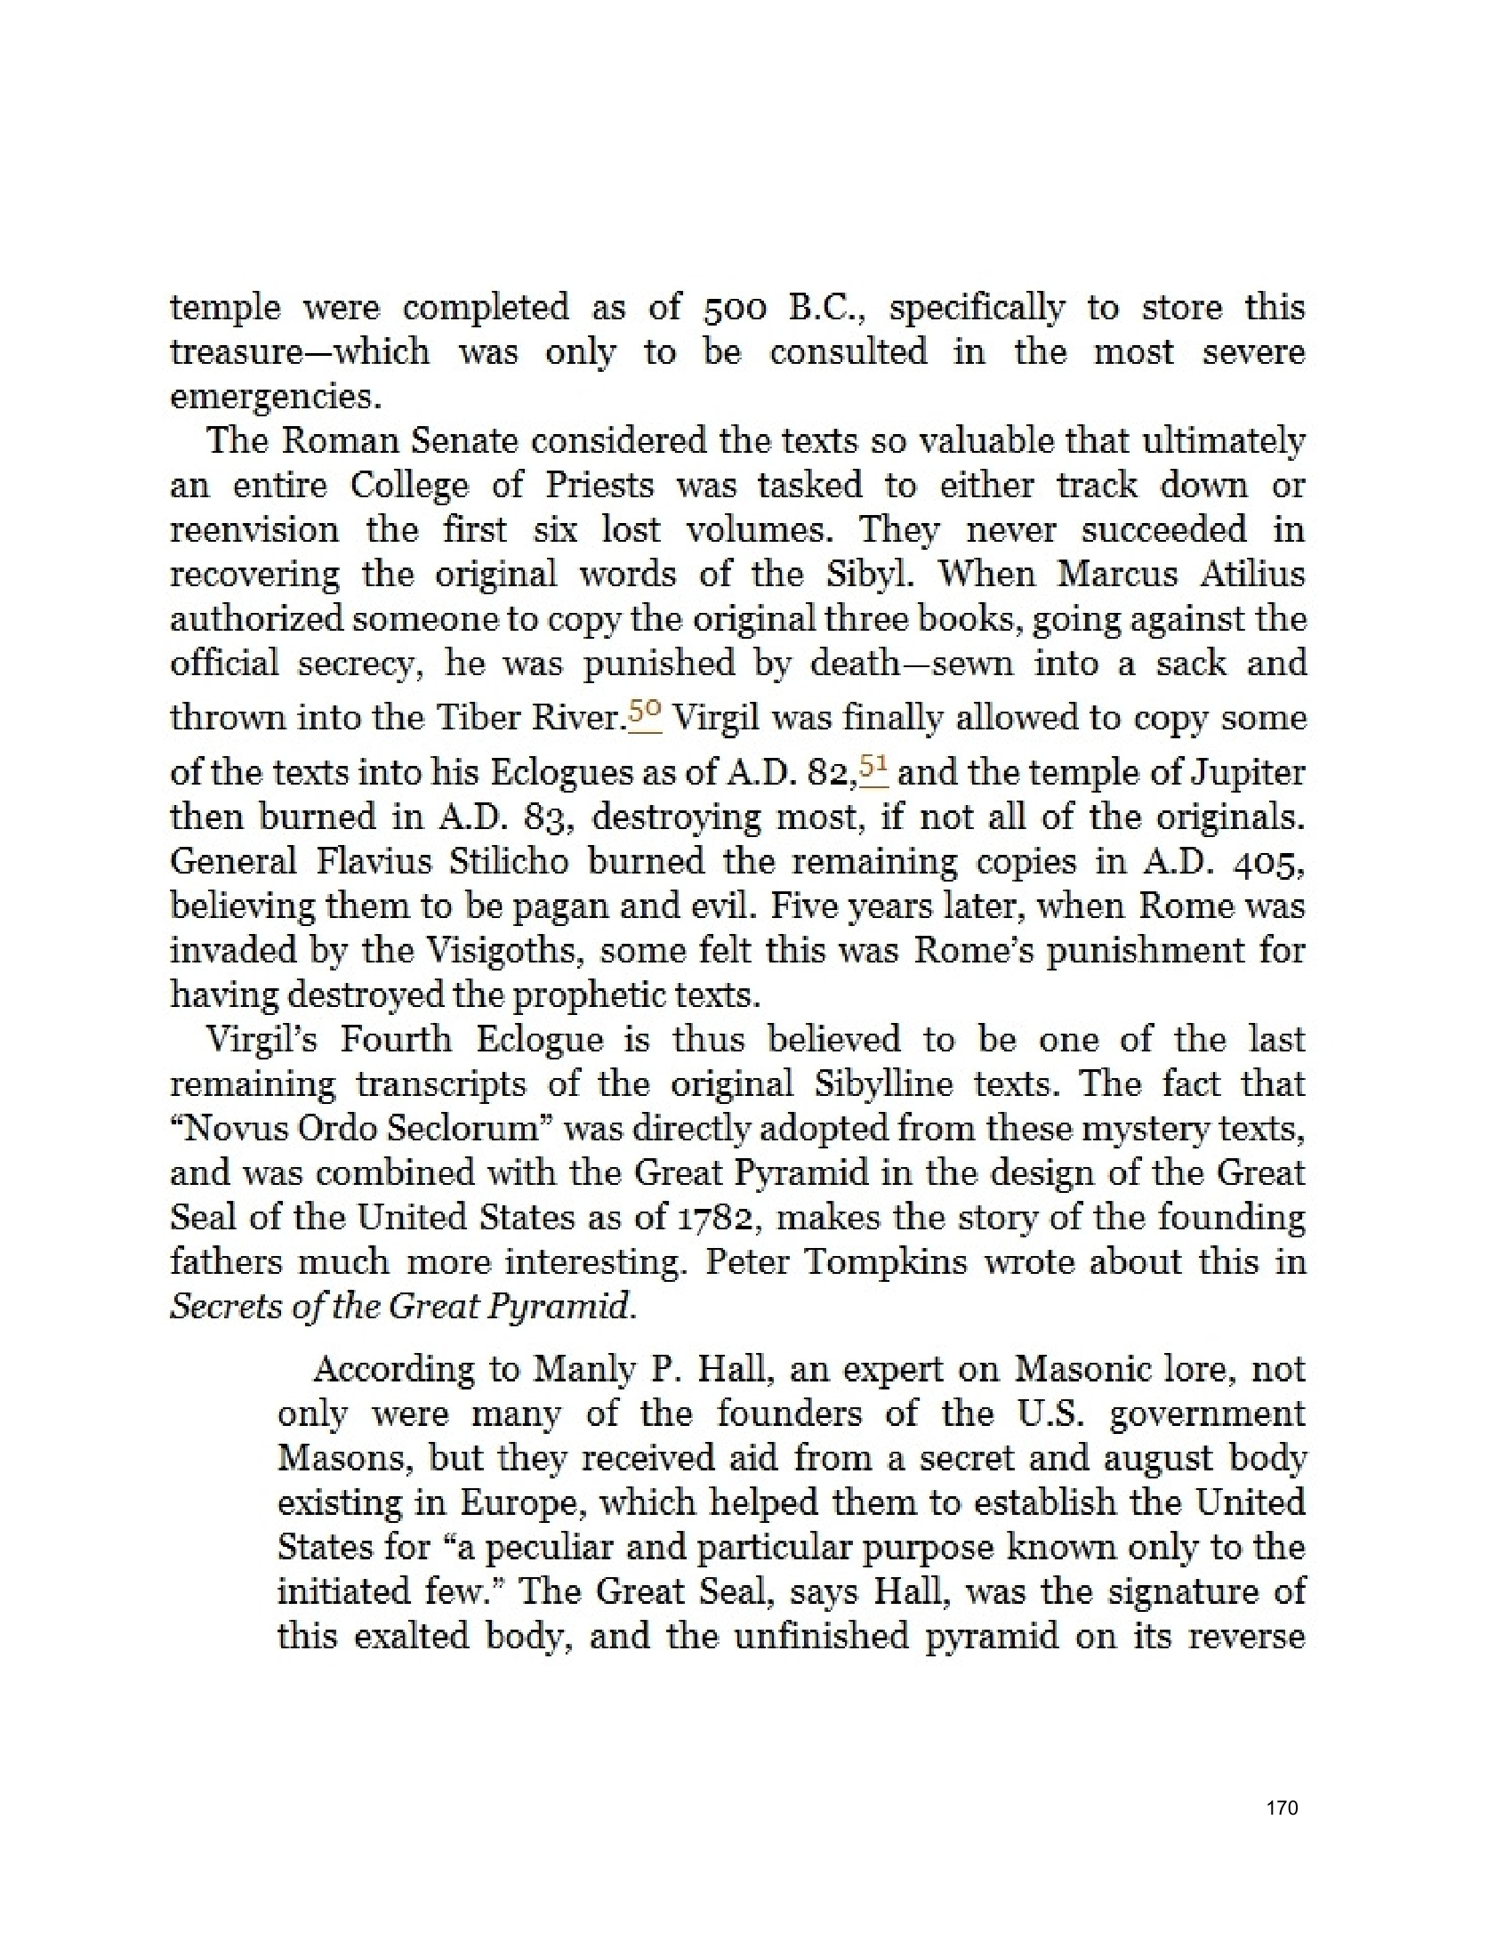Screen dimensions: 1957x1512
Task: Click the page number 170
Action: tap(1282, 1808)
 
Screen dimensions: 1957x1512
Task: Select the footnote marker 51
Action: tap(873, 767)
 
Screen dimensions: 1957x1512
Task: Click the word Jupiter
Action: tap(1250, 772)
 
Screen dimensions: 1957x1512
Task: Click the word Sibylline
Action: tap(882, 1084)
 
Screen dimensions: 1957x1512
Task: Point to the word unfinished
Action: tap(820, 1636)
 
